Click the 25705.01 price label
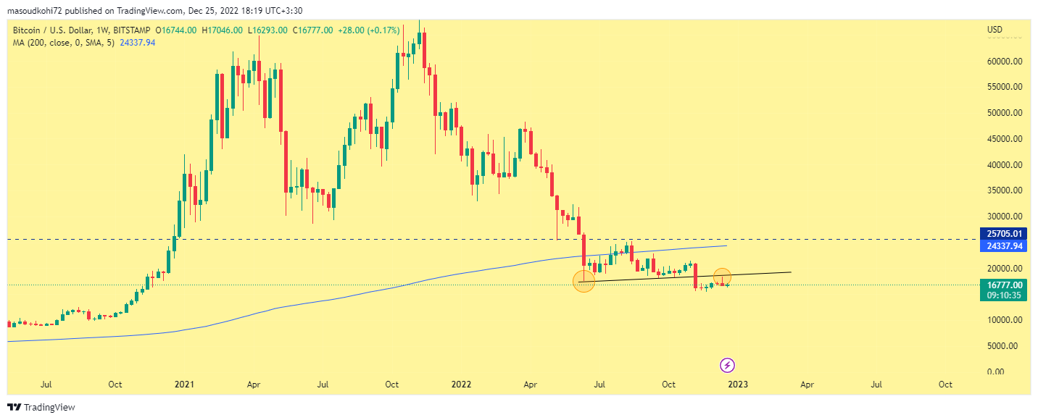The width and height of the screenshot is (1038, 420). (x=1004, y=234)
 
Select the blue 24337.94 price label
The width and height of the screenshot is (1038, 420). (x=1004, y=246)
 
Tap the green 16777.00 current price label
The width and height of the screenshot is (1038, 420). (x=1004, y=285)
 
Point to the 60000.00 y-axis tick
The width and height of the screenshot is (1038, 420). (x=1005, y=62)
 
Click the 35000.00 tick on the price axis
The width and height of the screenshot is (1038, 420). (x=1005, y=190)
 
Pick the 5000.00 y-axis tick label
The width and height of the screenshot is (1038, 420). (x=1007, y=345)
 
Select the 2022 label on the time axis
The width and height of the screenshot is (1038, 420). (x=460, y=384)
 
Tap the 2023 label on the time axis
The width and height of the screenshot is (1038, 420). (x=739, y=384)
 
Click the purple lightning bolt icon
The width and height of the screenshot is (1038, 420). (x=728, y=365)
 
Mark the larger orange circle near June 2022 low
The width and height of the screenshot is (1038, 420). (x=584, y=281)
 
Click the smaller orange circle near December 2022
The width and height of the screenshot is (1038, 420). (x=722, y=276)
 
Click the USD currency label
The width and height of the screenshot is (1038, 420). (x=995, y=30)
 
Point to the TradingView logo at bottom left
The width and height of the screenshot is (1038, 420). (x=41, y=408)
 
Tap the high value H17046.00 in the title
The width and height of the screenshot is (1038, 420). (x=223, y=30)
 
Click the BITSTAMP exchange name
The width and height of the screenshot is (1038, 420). (x=132, y=30)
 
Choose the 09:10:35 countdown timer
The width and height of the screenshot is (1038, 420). (x=1004, y=295)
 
